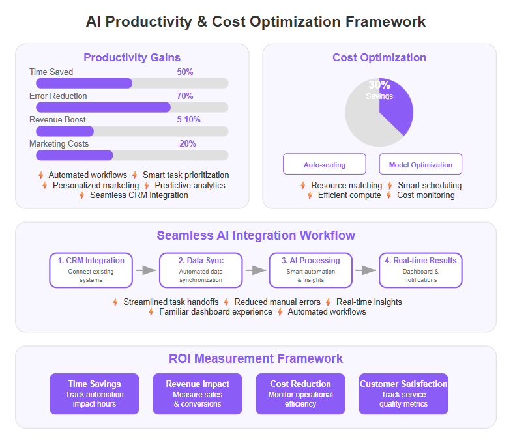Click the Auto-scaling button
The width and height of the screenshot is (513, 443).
(324, 164)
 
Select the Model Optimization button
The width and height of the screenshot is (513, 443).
(420, 164)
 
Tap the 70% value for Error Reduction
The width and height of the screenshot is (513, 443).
(185, 96)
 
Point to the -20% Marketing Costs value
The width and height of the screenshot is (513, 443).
(186, 144)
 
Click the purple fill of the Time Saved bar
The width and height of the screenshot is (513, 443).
(84, 83)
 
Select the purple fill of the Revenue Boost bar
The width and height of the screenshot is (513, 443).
(65, 132)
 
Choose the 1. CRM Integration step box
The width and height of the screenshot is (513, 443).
(91, 270)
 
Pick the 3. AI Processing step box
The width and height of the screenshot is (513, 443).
(311, 270)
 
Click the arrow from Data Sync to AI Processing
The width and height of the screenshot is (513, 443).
(256, 270)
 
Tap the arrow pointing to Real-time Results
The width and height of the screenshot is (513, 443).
(366, 270)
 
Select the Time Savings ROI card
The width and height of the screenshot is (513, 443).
(95, 394)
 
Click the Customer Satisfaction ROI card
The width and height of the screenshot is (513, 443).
(403, 394)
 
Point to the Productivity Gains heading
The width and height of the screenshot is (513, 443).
(132, 57)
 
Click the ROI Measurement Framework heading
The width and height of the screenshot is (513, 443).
(256, 359)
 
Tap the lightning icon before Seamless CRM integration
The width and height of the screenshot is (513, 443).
(81, 195)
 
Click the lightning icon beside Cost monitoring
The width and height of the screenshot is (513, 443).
(388, 195)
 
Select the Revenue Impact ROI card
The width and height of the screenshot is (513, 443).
(198, 394)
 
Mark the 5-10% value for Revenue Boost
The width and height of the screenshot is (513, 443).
(188, 120)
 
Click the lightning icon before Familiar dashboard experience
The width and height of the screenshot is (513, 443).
(151, 312)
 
